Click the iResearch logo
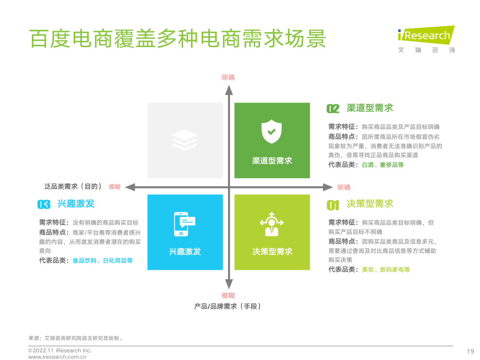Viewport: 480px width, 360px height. pyautogui.click(x=426, y=39)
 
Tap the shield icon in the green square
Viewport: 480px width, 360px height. pyautogui.click(x=272, y=131)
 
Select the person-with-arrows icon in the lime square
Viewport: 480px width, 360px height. pyautogui.click(x=272, y=224)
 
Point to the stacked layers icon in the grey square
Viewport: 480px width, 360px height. pyautogui.click(x=184, y=140)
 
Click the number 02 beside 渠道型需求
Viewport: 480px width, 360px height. pyautogui.click(x=333, y=108)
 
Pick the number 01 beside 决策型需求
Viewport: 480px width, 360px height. pyautogui.click(x=333, y=205)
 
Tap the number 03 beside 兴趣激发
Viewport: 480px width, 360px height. pyautogui.click(x=44, y=204)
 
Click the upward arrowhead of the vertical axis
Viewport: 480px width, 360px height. pyautogui.click(x=229, y=90)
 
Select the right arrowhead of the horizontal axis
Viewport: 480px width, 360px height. pyautogui.click(x=328, y=187)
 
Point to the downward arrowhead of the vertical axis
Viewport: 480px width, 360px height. pyautogui.click(x=229, y=284)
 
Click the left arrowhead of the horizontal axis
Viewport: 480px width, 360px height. pyautogui.click(x=130, y=187)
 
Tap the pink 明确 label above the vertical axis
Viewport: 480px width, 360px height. pyautogui.click(x=228, y=77)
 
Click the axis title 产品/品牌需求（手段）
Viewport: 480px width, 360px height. pyautogui.click(x=227, y=306)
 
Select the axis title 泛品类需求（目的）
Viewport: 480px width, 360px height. pyautogui.click(x=72, y=186)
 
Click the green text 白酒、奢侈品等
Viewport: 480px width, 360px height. pyautogui.click(x=383, y=165)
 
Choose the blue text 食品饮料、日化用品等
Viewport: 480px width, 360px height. pyautogui.click(x=103, y=260)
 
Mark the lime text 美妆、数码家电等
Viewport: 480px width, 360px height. pyautogui.click(x=386, y=269)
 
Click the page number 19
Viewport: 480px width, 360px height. pyautogui.click(x=471, y=352)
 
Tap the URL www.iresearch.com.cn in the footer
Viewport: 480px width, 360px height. pyautogui.click(x=57, y=357)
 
